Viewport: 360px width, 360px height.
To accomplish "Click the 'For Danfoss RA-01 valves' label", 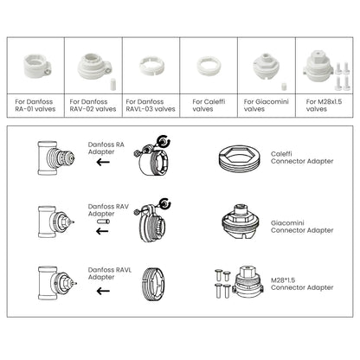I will (32, 105).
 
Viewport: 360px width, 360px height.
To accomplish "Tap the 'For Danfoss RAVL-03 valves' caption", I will (151, 105).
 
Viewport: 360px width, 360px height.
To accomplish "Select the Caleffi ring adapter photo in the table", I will (207, 67).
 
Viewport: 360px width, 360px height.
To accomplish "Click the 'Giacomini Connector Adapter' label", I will (307, 227).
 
